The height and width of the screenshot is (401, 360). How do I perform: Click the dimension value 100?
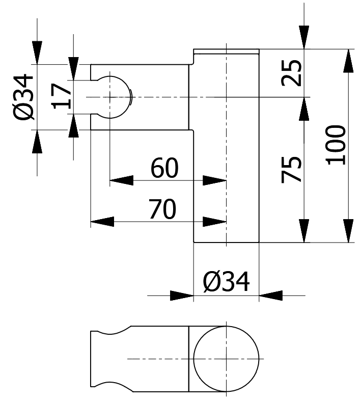pyautogui.click(x=336, y=145)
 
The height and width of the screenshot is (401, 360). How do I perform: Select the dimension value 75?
pyautogui.click(x=291, y=169)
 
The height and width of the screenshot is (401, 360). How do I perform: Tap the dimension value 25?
pyautogui.click(x=291, y=73)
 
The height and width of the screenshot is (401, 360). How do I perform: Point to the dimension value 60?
pyautogui.click(x=164, y=168)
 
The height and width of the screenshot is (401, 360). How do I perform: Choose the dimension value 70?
pyautogui.click(x=162, y=209)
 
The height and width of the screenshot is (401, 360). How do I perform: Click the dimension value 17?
pyautogui.click(x=61, y=96)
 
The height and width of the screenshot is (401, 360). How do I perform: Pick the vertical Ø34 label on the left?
pyautogui.click(x=23, y=97)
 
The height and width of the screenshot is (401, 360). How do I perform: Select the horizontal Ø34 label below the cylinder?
pyautogui.click(x=226, y=282)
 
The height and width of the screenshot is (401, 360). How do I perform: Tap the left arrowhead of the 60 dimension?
pyautogui.click(x=121, y=180)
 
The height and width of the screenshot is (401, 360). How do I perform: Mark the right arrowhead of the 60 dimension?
pyautogui.click(x=214, y=180)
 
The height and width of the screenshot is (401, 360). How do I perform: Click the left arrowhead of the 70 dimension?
pyautogui.click(x=102, y=222)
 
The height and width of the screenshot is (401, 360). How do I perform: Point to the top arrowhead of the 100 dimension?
pyautogui.click(x=348, y=61)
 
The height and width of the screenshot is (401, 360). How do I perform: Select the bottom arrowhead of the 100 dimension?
pyautogui.click(x=348, y=231)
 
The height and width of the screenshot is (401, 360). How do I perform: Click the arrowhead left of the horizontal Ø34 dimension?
pyautogui.click(x=182, y=296)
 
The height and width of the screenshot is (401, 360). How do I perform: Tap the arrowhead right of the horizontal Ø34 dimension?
pyautogui.click(x=270, y=296)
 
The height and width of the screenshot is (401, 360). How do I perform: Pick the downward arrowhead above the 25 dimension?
pyautogui.click(x=304, y=37)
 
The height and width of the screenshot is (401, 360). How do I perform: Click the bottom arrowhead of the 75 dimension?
pyautogui.click(x=304, y=231)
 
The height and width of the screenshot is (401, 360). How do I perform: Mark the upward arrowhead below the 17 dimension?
pyautogui.click(x=74, y=126)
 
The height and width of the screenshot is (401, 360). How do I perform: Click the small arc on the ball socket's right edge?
pyautogui.click(x=131, y=97)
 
